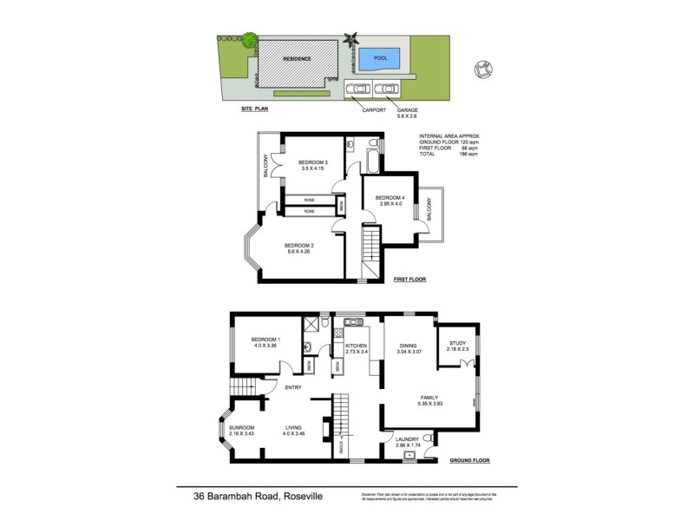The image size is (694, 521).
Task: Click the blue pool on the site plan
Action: pyautogui.click(x=380, y=59)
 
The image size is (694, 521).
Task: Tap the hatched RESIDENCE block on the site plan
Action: pyautogui.click(x=297, y=62)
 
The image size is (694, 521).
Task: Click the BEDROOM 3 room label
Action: pyautogui.click(x=312, y=165)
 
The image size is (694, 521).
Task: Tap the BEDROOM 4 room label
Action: pyautogui.click(x=390, y=201)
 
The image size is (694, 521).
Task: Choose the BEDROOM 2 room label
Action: pyautogui.click(x=299, y=249)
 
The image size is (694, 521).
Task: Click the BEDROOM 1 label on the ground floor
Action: pyautogui.click(x=265, y=342)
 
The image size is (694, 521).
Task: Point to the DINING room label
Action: pyautogui.click(x=409, y=347)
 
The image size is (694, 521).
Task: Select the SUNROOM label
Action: pyautogui.click(x=241, y=431)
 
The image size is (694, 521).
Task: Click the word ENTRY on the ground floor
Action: pyautogui.click(x=293, y=387)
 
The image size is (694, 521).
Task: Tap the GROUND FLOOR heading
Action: pyautogui.click(x=470, y=461)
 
